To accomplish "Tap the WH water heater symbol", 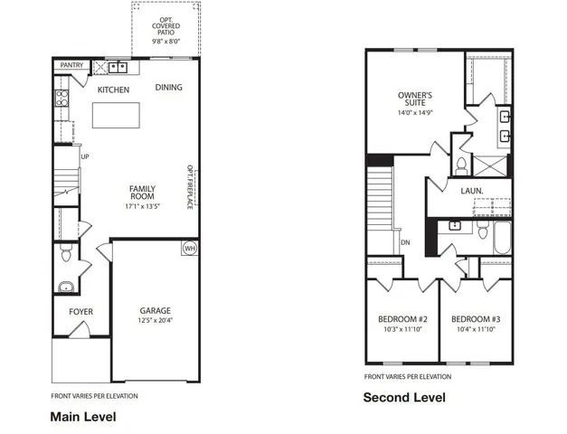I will coord(190,248).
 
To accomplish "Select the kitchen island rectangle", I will coord(116,115).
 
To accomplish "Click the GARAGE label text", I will coord(156,309).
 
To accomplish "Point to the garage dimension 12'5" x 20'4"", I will coord(156,321).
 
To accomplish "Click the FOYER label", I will coord(81,312).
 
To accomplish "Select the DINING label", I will coord(168,88).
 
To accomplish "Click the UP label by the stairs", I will coord(86,156).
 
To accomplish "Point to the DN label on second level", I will coord(406,242).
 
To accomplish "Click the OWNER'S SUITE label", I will coord(415,99).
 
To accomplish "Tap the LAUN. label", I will coord(471,191).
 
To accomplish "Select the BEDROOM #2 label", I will coord(402,319).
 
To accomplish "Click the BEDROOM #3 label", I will coord(476,319).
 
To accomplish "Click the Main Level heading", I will coord(82,417).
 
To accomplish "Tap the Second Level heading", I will coord(404,397).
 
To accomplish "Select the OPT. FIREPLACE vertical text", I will coord(191,186).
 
